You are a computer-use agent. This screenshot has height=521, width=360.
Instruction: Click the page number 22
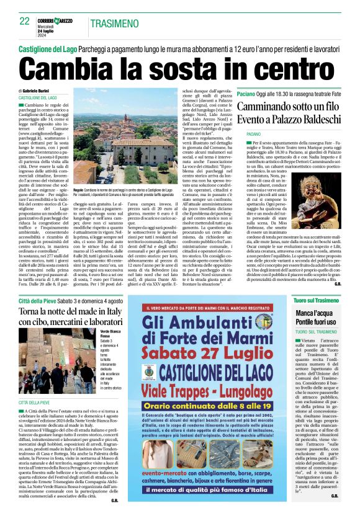pyautogui.click(x=25, y=21)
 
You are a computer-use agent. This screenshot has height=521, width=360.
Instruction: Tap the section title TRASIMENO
pyautogui.click(x=114, y=23)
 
